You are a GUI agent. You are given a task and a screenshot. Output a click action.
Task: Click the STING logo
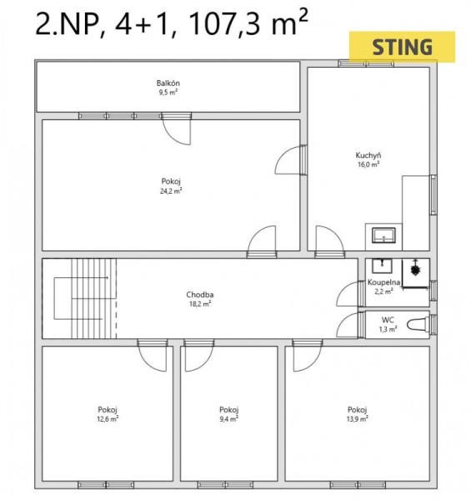[402, 47]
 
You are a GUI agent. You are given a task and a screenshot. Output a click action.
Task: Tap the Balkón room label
[168, 83]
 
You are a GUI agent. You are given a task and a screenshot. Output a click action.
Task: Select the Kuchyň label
[368, 155]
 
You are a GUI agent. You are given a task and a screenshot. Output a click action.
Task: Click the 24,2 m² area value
[171, 191]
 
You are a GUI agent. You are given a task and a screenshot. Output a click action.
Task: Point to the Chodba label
[200, 295]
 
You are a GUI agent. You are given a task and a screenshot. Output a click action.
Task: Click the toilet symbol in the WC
[418, 325]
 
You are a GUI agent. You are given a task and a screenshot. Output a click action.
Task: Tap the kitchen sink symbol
[383, 235]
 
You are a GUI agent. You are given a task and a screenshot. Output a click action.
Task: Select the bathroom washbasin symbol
[382, 266]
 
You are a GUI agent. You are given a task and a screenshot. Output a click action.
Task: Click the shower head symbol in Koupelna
[415, 270]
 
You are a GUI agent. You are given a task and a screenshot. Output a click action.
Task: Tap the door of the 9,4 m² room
[199, 356]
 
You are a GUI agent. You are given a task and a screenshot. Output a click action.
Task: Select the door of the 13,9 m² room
[308, 356]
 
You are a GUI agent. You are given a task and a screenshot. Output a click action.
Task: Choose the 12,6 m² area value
[108, 418]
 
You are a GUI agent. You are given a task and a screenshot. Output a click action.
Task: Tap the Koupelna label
[384, 282]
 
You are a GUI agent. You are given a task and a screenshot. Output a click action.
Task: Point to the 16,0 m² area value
[368, 164]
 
